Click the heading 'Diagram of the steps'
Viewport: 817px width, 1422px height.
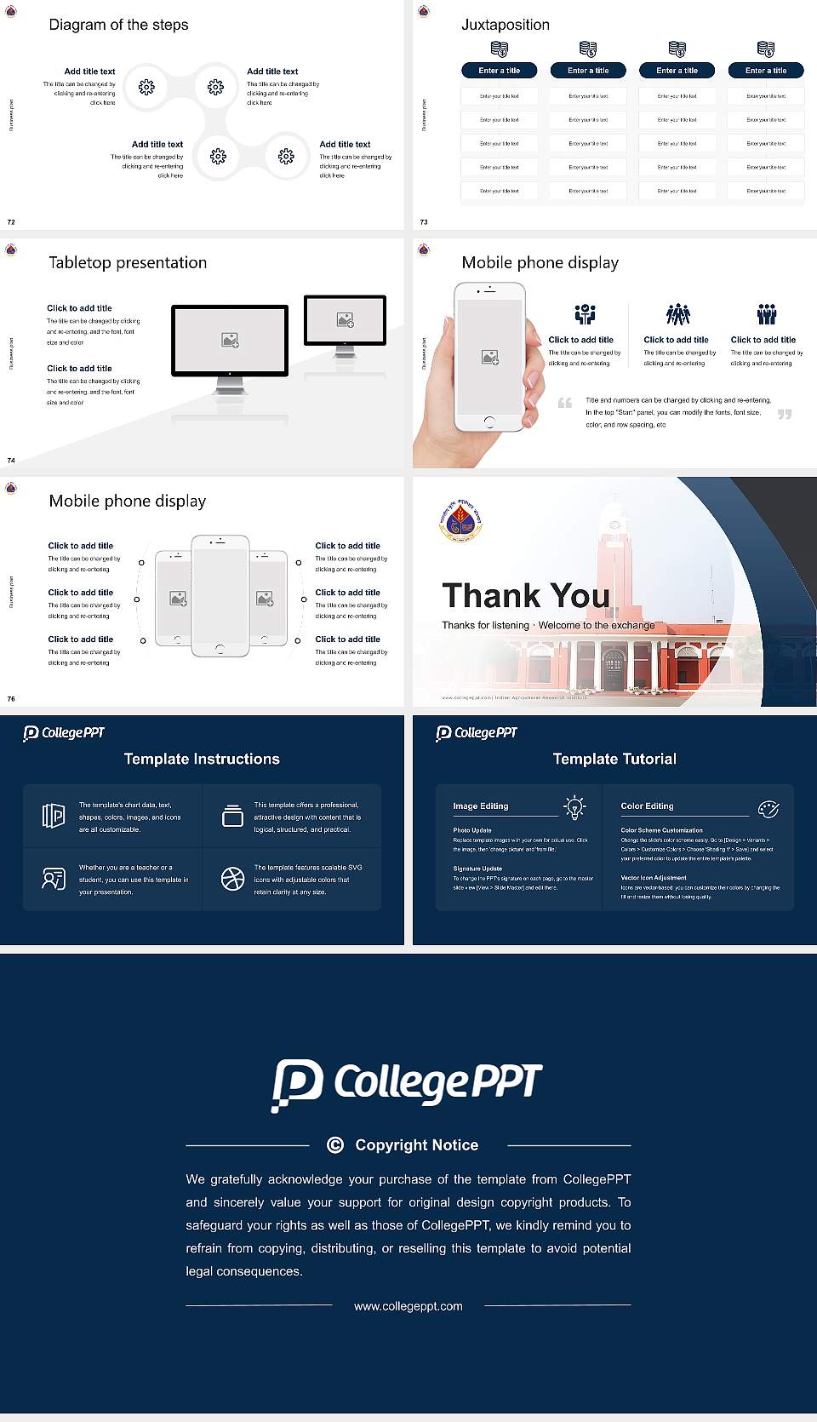[x=118, y=25]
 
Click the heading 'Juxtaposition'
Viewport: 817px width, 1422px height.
[x=506, y=25]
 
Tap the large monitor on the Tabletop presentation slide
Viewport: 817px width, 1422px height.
[x=230, y=340]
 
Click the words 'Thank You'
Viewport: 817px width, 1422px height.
[x=526, y=596]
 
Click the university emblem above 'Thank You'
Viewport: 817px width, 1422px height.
[x=460, y=520]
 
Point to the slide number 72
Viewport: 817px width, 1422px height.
[x=11, y=222]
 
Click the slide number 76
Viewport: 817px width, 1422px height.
[x=11, y=699]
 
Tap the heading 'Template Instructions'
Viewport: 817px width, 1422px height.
[x=202, y=759]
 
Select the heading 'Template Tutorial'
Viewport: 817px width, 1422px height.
[x=614, y=759]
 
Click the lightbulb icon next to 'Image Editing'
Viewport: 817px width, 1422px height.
[x=574, y=807]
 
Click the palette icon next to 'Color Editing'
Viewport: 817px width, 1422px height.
[x=768, y=809]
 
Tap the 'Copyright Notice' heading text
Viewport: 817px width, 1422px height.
[x=416, y=1145]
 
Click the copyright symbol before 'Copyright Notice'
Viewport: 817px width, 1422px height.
[x=335, y=1145]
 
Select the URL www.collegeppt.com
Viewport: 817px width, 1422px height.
[x=408, y=1306]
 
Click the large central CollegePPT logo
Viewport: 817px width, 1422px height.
[x=407, y=1084]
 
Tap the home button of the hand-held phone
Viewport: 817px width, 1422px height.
[x=488, y=421]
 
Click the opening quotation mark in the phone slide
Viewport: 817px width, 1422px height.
[x=565, y=403]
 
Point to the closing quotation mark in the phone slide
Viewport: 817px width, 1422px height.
[x=785, y=414]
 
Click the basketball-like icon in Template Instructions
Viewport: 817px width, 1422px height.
[x=232, y=879]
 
